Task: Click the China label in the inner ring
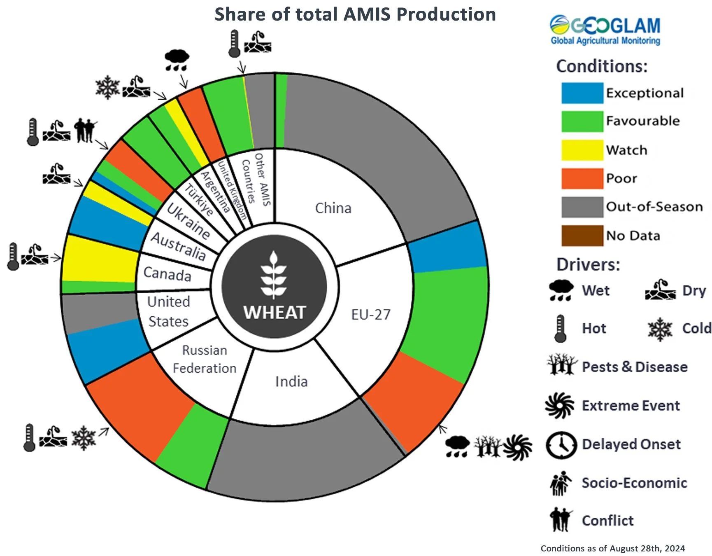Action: [x=333, y=208]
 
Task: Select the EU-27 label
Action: [x=370, y=315]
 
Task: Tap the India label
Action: [x=291, y=381]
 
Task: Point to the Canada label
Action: [x=167, y=273]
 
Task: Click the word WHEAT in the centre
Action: [x=275, y=313]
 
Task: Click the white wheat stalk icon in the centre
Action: [x=273, y=274]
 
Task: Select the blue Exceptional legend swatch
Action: [x=582, y=93]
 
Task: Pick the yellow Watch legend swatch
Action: [x=582, y=150]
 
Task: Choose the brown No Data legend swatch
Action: [x=582, y=236]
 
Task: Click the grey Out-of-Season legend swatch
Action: [x=582, y=207]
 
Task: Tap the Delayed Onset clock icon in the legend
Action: [x=561, y=445]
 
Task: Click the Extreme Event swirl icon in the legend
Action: [x=559, y=406]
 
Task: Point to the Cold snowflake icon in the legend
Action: [x=660, y=329]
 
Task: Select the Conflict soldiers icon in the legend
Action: [x=560, y=520]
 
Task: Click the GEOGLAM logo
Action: [x=605, y=30]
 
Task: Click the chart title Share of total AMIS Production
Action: [x=355, y=14]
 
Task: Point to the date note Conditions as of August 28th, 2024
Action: [x=612, y=548]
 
